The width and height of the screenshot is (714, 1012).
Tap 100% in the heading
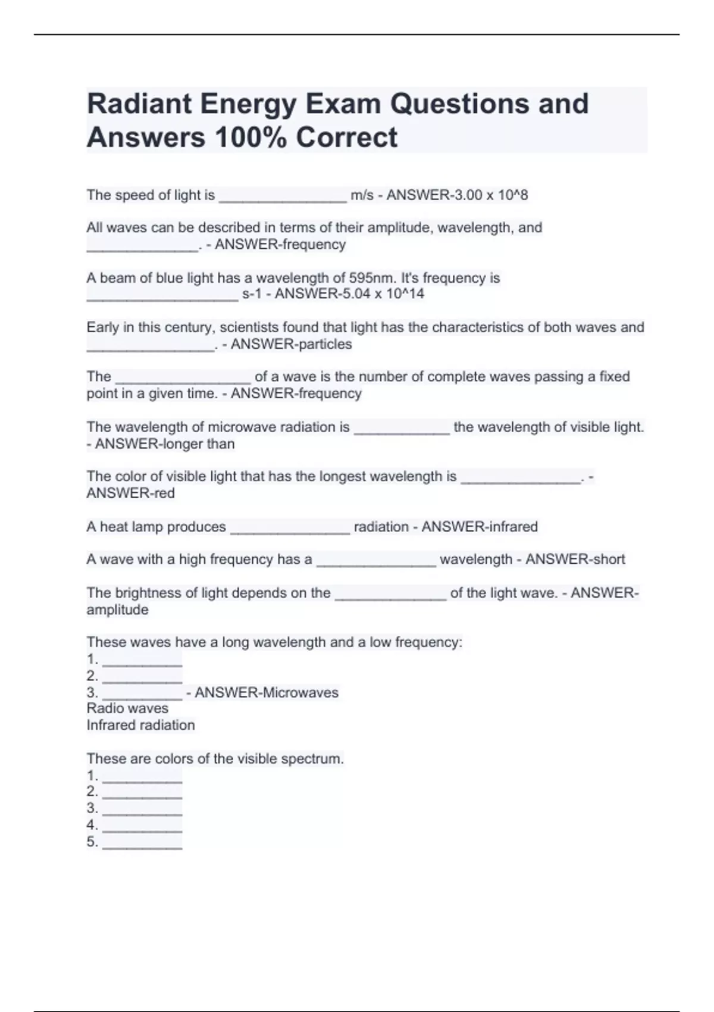point(250,138)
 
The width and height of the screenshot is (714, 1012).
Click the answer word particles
point(322,344)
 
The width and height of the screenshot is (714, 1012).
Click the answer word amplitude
point(117,610)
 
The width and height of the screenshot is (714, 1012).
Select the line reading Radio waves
point(127,708)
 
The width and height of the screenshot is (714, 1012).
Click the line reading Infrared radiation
point(140,725)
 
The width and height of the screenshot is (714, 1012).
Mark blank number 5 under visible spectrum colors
point(142,843)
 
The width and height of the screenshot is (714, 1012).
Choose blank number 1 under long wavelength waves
point(142,661)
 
